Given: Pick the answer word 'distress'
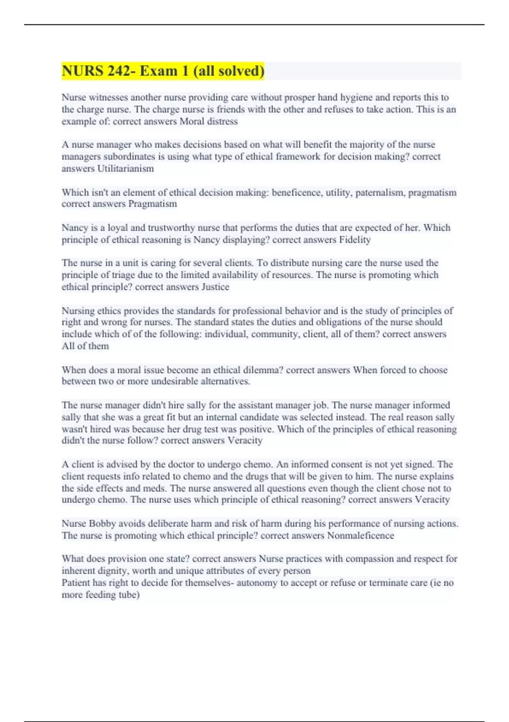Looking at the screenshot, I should click(x=222, y=121).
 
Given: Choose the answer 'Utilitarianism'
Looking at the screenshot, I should click(x=126, y=169).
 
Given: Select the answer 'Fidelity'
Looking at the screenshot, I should click(x=355, y=240).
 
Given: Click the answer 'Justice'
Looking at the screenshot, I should click(x=215, y=287).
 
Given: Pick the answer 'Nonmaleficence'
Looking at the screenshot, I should click(x=361, y=535).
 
